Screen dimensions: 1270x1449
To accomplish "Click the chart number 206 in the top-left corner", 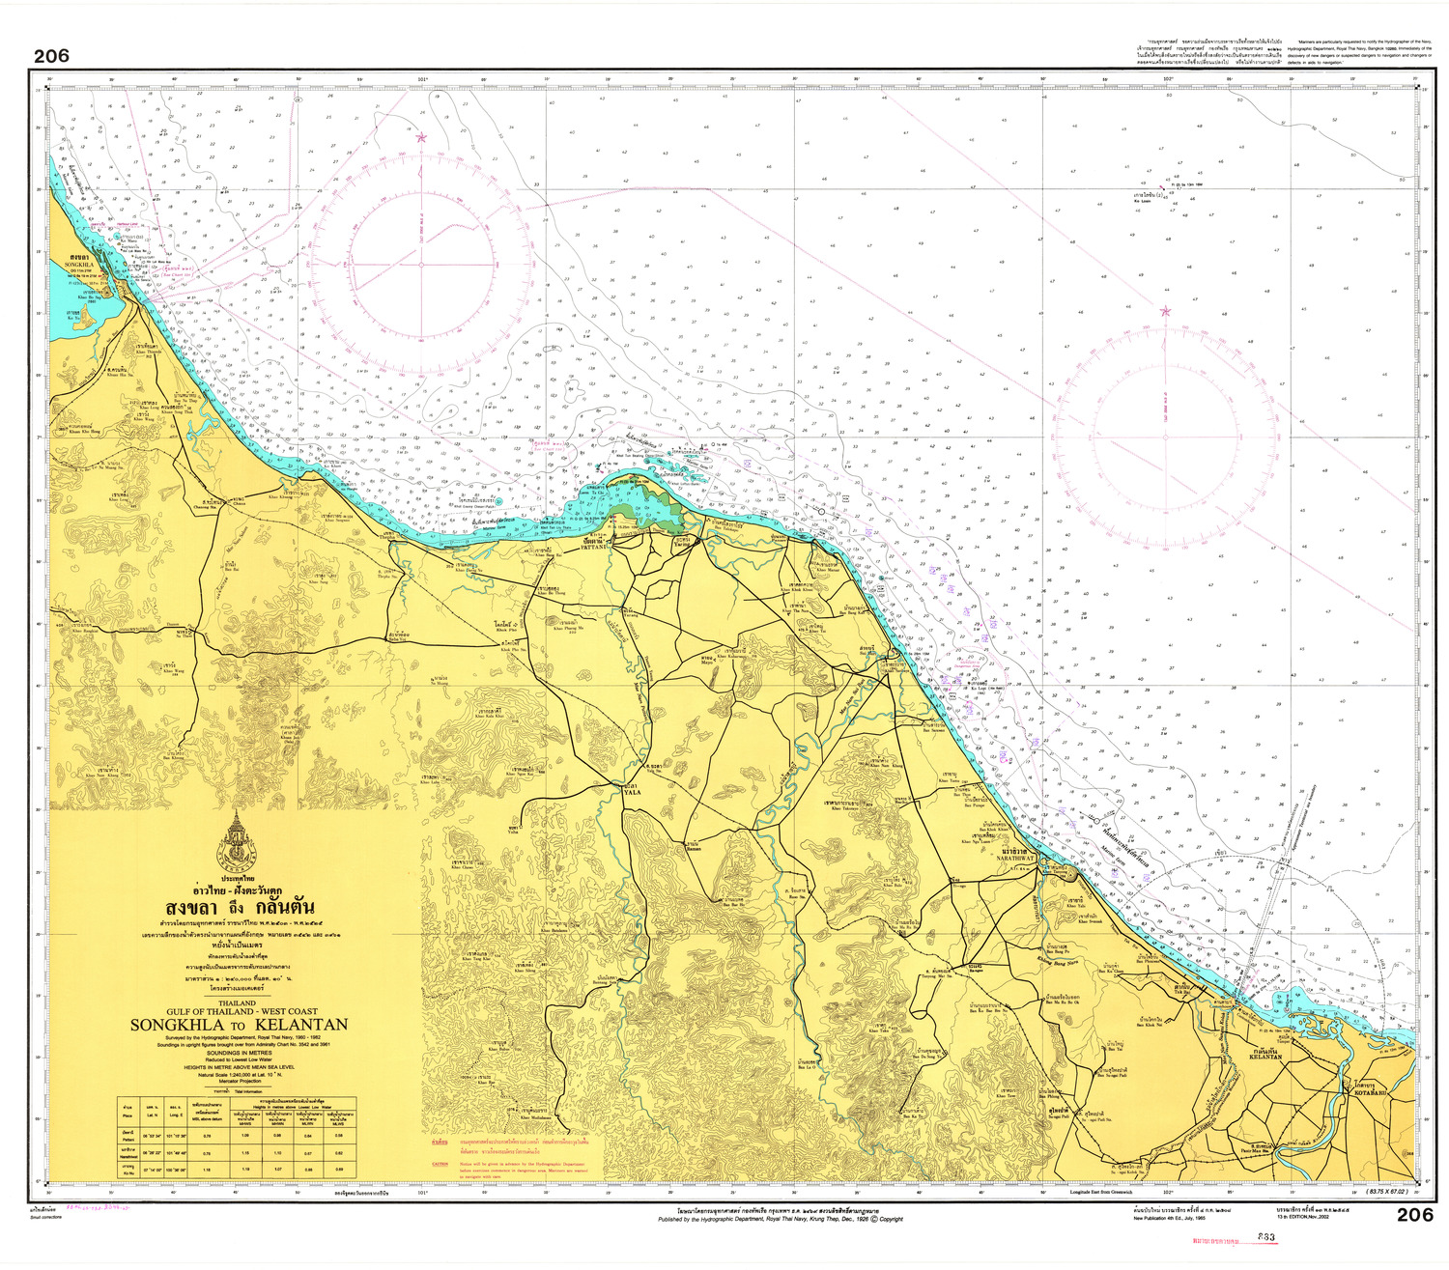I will pyautogui.click(x=51, y=56).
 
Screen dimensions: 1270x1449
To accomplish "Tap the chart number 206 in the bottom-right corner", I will pyautogui.click(x=1414, y=1215).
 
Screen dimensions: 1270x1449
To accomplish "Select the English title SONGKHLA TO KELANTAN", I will pyautogui.click(x=239, y=1025).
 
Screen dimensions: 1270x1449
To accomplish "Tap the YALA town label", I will pyautogui.click(x=632, y=792).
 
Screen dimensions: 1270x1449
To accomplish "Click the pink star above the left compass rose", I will pyautogui.click(x=420, y=137).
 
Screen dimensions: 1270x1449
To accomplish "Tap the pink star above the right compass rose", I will pyautogui.click(x=1165, y=311).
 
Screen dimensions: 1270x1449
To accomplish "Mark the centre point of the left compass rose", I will pyautogui.click(x=420, y=264).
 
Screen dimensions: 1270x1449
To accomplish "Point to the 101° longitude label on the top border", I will pyautogui.click(x=422, y=79).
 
